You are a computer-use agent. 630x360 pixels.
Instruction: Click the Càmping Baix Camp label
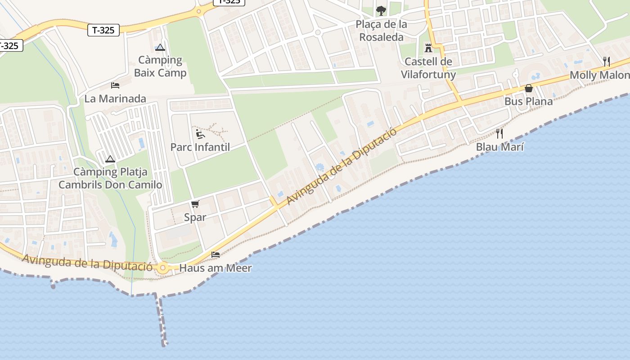[x=160, y=66]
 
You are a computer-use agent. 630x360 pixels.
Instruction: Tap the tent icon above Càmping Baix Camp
[x=160, y=47]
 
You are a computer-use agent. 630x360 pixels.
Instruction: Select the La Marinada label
[x=115, y=99]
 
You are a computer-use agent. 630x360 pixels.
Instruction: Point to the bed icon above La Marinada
[x=115, y=85]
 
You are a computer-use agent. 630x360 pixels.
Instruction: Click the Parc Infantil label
[x=200, y=147]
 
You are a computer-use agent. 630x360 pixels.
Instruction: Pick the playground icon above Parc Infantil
[x=200, y=134]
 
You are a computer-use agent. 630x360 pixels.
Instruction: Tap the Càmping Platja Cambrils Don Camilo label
[x=110, y=178]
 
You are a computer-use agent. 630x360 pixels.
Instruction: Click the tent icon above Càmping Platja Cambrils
[x=110, y=159]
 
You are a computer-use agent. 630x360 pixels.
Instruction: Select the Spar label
[x=195, y=217]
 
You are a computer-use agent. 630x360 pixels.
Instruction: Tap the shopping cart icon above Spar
[x=195, y=204]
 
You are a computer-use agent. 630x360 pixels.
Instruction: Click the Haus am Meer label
[x=215, y=268]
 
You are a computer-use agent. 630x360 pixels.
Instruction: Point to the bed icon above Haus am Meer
[x=216, y=255]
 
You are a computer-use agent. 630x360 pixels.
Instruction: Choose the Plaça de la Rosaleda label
[x=381, y=31]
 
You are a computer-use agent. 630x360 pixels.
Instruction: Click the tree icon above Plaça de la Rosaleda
[x=381, y=10]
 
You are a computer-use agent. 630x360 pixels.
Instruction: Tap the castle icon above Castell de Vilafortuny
[x=428, y=48]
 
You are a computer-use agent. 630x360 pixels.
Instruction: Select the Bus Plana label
[x=528, y=101]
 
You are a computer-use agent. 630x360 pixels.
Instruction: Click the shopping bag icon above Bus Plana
[x=529, y=88]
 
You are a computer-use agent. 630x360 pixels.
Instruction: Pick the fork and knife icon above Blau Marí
[x=499, y=133]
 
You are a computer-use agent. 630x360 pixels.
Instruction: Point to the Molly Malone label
[x=599, y=75]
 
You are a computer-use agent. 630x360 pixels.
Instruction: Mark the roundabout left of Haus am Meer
[x=163, y=268]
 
